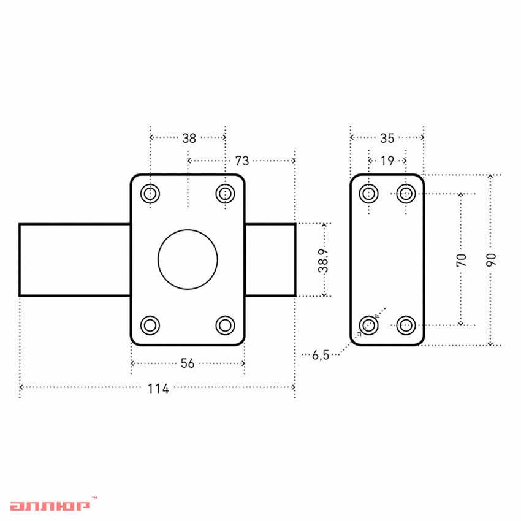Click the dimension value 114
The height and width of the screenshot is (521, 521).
click(158, 388)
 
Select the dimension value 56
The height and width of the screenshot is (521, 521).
click(188, 363)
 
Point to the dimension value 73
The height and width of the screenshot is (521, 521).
click(242, 161)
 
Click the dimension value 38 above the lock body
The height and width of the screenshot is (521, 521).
click(189, 138)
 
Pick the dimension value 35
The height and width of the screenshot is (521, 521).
click(387, 138)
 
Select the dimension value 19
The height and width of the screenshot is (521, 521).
click(387, 161)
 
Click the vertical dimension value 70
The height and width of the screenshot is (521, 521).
click(462, 260)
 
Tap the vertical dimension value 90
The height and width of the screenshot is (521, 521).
click(490, 260)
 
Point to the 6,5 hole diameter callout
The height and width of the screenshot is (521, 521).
click(321, 354)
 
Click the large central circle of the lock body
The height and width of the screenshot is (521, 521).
click(188, 259)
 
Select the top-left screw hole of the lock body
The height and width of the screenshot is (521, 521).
click(150, 194)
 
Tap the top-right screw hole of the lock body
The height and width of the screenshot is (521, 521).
click(226, 194)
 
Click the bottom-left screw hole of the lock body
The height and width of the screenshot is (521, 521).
click(150, 324)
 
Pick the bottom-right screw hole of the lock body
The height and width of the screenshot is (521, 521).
click(226, 324)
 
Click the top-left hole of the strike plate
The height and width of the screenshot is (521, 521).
click(368, 194)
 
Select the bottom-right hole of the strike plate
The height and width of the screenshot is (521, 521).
click(405, 324)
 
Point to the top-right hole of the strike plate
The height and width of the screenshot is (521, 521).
click(405, 194)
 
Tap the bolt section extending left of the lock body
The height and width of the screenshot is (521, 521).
click(75, 260)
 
